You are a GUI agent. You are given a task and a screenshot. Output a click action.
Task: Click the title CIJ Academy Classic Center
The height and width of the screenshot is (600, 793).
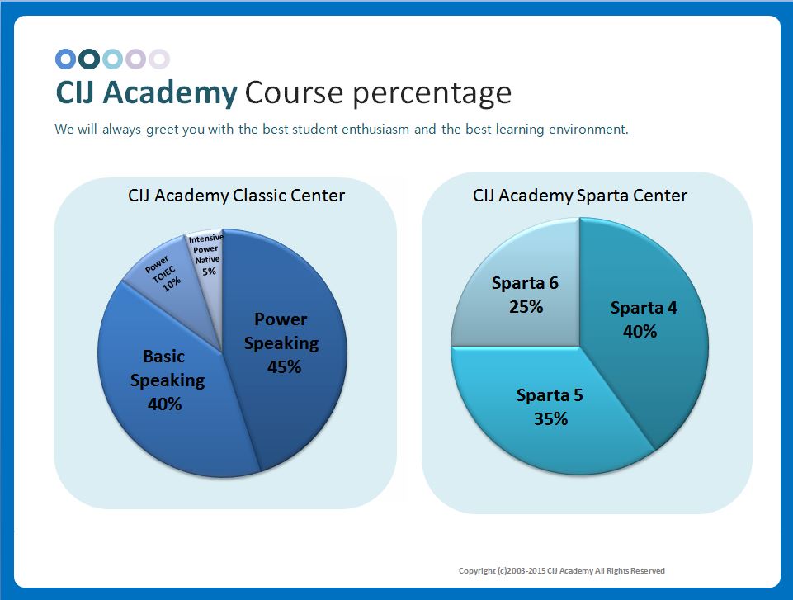tap(236, 196)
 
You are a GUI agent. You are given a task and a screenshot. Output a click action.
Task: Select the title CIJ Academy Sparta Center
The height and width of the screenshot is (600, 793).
tap(580, 196)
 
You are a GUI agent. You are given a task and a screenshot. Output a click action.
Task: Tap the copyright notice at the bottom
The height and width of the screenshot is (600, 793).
tap(561, 570)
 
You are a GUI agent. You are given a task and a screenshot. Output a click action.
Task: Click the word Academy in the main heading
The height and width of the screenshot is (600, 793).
tap(170, 93)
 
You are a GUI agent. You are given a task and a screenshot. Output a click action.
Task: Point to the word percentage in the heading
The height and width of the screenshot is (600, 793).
tap(432, 94)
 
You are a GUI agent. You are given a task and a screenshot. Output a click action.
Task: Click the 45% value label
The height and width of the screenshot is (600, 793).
tap(284, 366)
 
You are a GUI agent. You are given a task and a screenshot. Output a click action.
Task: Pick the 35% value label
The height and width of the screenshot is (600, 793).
tap(550, 419)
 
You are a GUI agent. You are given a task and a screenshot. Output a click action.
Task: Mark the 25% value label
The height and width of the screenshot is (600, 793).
tap(526, 306)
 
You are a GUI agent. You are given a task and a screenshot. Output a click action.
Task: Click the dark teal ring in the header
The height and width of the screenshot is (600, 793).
tap(89, 50)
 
